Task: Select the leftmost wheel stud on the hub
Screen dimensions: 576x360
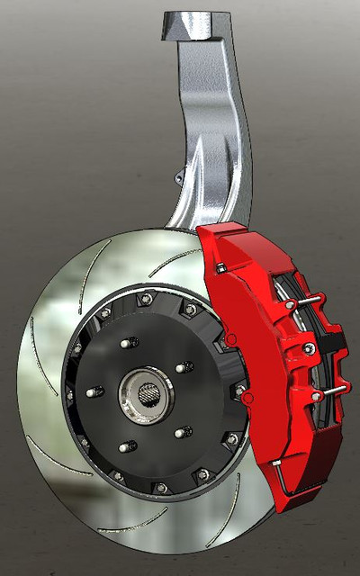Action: [93, 393]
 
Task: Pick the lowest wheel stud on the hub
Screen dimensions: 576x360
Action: [126, 445]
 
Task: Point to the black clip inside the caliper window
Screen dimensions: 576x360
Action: [335, 341]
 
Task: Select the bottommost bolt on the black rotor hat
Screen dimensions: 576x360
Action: [161, 487]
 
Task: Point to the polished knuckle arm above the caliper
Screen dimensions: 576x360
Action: [211, 135]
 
